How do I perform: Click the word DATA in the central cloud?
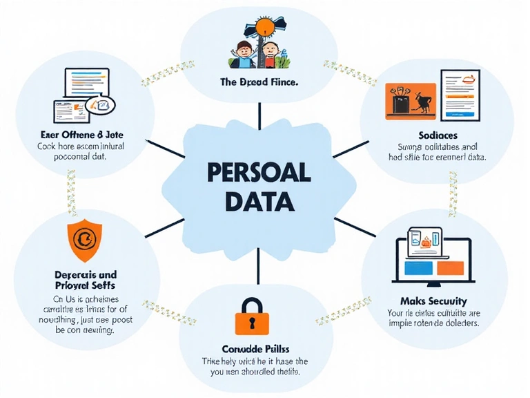[x=259, y=201]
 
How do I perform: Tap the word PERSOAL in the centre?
[x=259, y=171]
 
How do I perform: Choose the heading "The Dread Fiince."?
[x=259, y=82]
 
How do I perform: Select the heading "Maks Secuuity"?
[x=433, y=301]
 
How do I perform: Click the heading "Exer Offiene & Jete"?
[x=78, y=135]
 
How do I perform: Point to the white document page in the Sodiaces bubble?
[x=460, y=93]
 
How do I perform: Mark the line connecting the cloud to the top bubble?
[x=259, y=115]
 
